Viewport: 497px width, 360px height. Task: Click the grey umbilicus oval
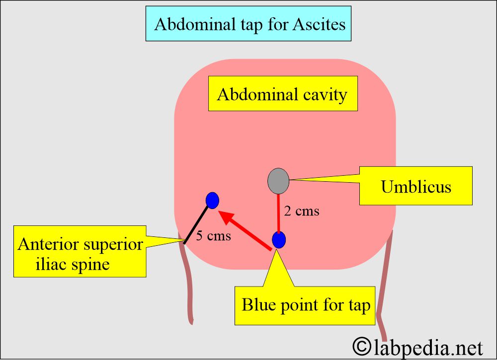pyautogui.click(x=278, y=181)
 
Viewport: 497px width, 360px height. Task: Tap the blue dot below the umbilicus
pyautogui.click(x=279, y=240)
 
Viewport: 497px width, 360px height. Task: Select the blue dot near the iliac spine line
pyautogui.click(x=212, y=200)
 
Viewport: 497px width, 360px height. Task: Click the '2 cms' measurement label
pyautogui.click(x=301, y=211)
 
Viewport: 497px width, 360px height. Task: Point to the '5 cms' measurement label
pyautogui.click(x=213, y=236)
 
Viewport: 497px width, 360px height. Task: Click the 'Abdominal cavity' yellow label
pyautogui.click(x=282, y=94)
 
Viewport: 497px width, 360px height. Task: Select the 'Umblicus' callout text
pyautogui.click(x=416, y=187)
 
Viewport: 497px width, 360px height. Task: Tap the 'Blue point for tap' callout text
pyautogui.click(x=306, y=305)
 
